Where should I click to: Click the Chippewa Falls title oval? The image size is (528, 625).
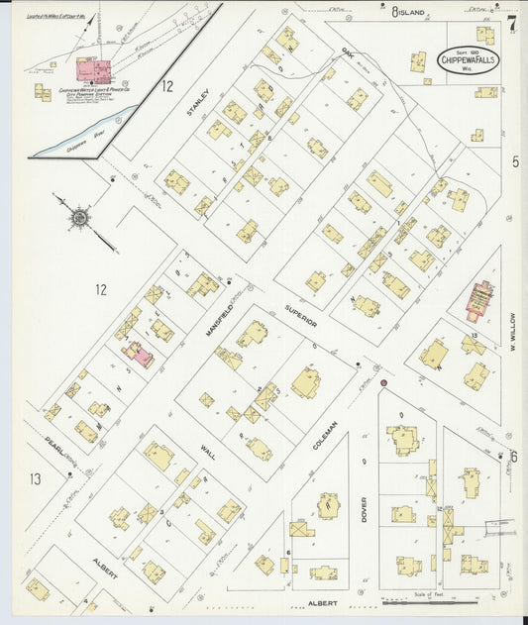coord(468,57)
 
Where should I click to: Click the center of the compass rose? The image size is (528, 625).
coord(78,216)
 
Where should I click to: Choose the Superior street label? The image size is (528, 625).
coord(302,314)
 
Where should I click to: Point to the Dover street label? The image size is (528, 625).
coord(364,509)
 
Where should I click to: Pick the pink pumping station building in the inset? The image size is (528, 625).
coord(90,69)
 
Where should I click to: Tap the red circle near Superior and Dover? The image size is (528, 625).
coord(382,383)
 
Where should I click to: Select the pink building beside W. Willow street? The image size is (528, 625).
coord(479,302)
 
